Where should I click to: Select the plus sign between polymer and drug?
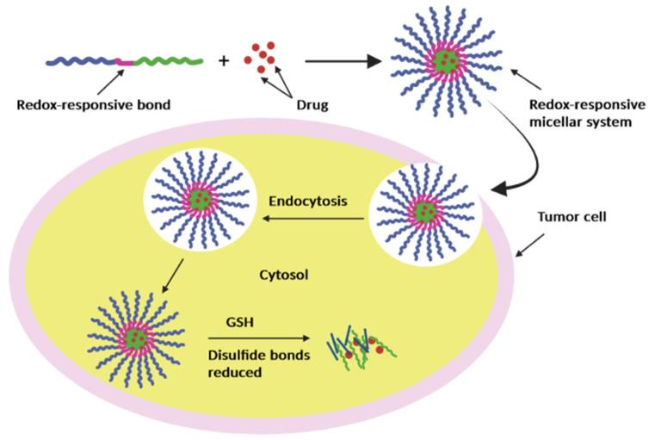coord(224,61)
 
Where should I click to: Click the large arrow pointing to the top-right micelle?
coord(343,61)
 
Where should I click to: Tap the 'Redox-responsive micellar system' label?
coord(583,114)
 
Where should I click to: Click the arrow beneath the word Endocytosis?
coord(311,221)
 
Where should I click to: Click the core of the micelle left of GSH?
coord(136,338)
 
